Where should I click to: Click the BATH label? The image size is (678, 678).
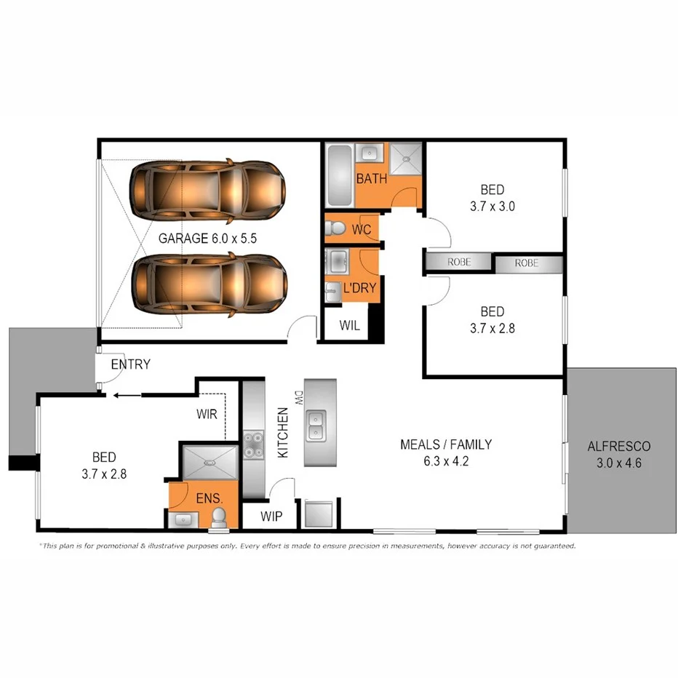[x=371, y=180]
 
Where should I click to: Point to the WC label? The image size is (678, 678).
[x=362, y=230]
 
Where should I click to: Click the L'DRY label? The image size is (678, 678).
[x=359, y=288]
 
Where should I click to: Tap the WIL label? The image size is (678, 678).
[x=350, y=325]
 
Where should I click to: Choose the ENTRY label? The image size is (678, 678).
[x=130, y=364]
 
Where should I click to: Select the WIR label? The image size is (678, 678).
[x=207, y=415]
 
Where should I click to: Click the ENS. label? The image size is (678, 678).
[x=210, y=499]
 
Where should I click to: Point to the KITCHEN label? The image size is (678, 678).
[x=283, y=432]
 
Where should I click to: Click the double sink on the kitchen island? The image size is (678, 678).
[x=316, y=425]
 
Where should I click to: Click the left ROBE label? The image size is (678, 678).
[x=459, y=263]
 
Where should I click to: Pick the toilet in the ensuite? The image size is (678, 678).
[x=218, y=517]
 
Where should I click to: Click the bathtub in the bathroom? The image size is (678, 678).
[x=339, y=175]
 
